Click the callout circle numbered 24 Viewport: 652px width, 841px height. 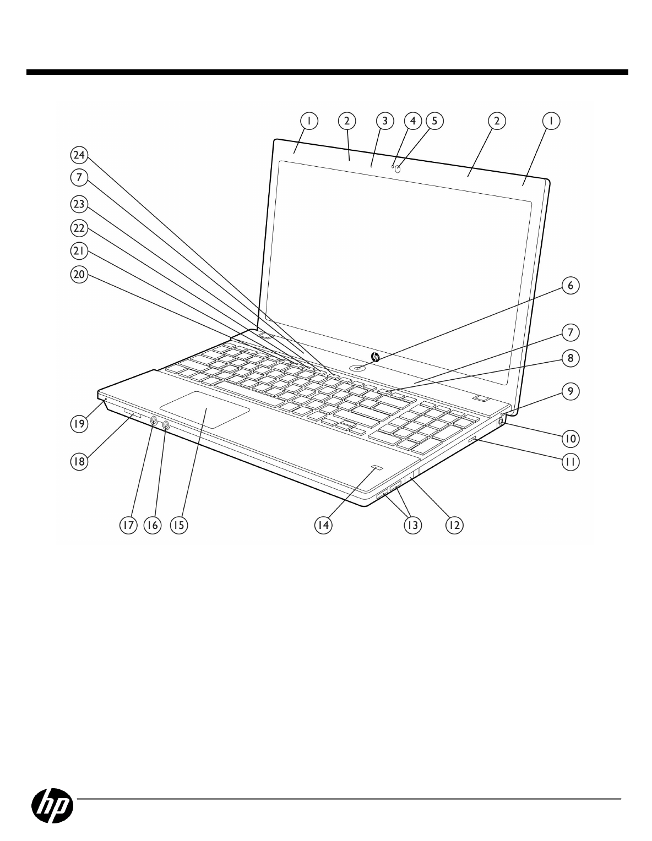[79, 156]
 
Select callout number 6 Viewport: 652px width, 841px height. [570, 286]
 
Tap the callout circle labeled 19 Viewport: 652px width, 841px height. [80, 423]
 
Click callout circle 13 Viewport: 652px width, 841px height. [412, 525]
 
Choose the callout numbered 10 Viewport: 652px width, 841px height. [570, 438]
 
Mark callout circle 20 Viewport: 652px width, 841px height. [79, 276]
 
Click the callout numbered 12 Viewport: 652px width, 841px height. [453, 525]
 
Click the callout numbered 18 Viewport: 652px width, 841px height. [80, 461]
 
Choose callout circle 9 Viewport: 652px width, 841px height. [570, 391]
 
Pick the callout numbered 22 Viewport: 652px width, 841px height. [79, 227]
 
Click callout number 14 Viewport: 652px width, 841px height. [322, 525]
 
